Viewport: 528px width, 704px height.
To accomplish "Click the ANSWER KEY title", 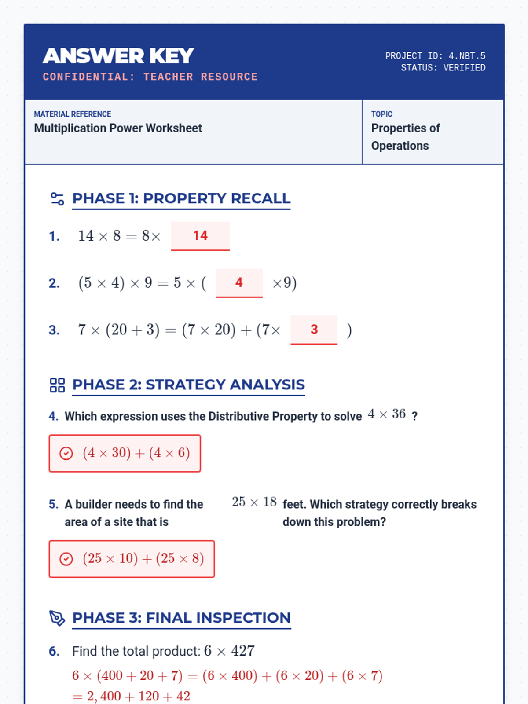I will (118, 56).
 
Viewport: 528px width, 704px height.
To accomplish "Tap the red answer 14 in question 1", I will (200, 236).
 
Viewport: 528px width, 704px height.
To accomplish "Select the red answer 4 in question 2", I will (239, 282).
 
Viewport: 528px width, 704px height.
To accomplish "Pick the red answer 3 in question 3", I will (314, 330).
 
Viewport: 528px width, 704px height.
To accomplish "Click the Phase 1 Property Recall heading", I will (181, 198).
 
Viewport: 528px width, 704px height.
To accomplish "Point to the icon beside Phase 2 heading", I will (57, 385).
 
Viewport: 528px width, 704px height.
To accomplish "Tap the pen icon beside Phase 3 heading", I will (57, 618).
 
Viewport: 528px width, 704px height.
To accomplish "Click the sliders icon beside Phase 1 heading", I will (57, 199).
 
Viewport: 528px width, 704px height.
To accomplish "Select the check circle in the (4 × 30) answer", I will (66, 453).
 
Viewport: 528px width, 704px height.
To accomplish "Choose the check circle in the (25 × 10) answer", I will (66, 559).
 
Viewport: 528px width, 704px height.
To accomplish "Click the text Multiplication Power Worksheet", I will (118, 128).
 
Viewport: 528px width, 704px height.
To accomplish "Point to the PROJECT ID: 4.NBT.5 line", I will (435, 56).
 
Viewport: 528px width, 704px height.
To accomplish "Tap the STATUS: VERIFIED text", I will (443, 68).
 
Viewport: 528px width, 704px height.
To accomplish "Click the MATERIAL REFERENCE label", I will (73, 114).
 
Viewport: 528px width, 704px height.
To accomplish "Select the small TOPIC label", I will (381, 114).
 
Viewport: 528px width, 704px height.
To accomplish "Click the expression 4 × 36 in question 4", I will (387, 414).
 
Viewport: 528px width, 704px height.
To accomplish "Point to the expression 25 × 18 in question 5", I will (254, 502).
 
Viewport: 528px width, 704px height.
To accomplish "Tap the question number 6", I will (54, 652).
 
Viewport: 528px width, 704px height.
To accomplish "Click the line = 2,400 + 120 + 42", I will (131, 696).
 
